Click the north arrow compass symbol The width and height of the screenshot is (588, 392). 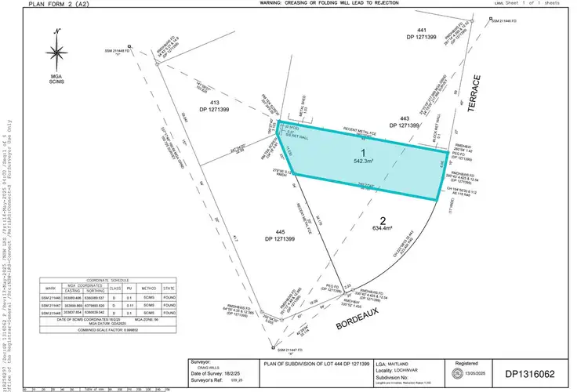click(56, 52)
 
